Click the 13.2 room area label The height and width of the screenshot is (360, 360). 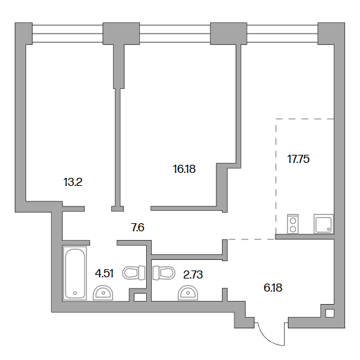pyautogui.click(x=73, y=183)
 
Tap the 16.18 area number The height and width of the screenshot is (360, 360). pyautogui.click(x=184, y=169)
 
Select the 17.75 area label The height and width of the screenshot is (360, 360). pyautogui.click(x=298, y=159)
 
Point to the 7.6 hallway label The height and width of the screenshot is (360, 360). pyautogui.click(x=138, y=228)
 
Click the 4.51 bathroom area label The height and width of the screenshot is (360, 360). pyautogui.click(x=104, y=274)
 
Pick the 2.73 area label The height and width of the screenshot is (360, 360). pyautogui.click(x=193, y=275)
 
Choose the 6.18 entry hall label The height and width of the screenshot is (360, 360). pyautogui.click(x=273, y=288)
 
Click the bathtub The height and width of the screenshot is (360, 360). pyautogui.click(x=75, y=273)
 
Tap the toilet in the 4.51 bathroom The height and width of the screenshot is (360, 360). pyautogui.click(x=134, y=273)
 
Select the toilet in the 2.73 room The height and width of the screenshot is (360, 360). pyautogui.click(x=164, y=273)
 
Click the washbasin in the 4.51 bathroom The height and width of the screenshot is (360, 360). pyautogui.click(x=103, y=292)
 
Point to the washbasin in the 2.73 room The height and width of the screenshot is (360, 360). pyautogui.click(x=188, y=292)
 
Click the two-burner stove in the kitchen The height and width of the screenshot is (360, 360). pyautogui.click(x=293, y=224)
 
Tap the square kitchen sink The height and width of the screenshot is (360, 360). pyautogui.click(x=323, y=224)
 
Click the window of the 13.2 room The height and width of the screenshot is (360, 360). pyautogui.click(x=68, y=34)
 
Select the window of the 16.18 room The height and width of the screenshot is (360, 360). pyautogui.click(x=175, y=34)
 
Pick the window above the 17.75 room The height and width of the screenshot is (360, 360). pyautogui.click(x=282, y=34)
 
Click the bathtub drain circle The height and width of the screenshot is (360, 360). pyautogui.click(x=75, y=293)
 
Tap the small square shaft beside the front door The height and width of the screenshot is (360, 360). pyautogui.click(x=330, y=313)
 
